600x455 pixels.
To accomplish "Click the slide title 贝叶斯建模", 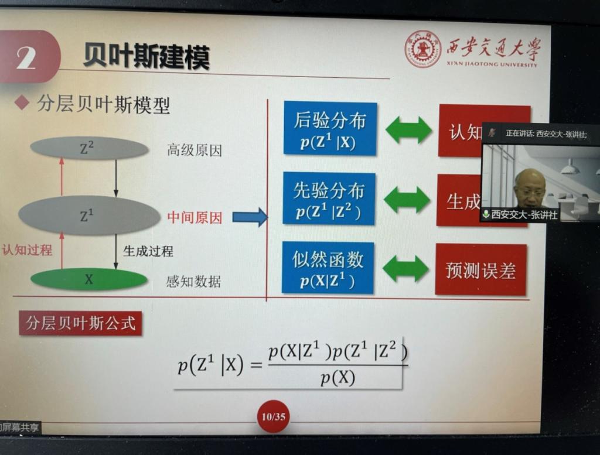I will click(x=146, y=57).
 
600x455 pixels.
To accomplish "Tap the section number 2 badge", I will click(x=27, y=57).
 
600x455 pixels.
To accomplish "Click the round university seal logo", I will click(x=422, y=49).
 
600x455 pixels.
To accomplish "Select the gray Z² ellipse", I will click(x=89, y=148).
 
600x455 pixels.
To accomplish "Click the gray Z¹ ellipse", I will click(x=88, y=215).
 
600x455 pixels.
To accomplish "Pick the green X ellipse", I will click(x=88, y=279).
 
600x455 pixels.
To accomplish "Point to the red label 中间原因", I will click(x=195, y=218).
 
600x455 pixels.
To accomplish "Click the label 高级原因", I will click(x=195, y=150).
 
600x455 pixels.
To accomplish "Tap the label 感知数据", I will click(x=193, y=281).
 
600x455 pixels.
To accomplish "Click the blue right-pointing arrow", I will click(x=250, y=217).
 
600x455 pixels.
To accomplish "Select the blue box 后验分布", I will click(x=330, y=128).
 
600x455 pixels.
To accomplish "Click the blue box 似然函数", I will click(x=328, y=267).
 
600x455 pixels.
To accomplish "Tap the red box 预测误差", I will click(x=480, y=269).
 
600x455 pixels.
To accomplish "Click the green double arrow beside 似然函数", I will click(x=405, y=269).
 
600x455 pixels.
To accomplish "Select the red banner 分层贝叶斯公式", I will click(x=80, y=323).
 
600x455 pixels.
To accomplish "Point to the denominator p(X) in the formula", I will click(x=337, y=378).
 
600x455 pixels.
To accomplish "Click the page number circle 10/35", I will click(x=273, y=416).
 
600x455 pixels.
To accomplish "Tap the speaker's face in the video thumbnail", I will click(x=530, y=187).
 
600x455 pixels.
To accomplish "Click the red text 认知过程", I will click(x=27, y=250).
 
